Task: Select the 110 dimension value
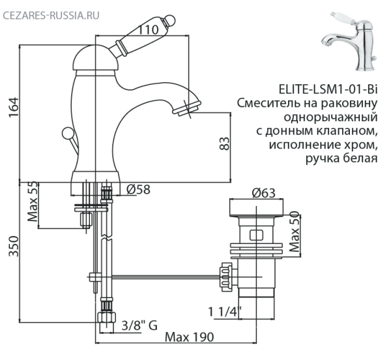tap(151, 29)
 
